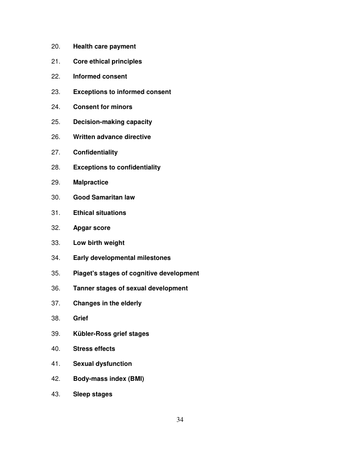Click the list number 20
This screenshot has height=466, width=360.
56,46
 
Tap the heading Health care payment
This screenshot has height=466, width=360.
104,46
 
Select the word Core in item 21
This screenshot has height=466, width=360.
80,61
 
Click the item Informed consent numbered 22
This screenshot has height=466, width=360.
100,76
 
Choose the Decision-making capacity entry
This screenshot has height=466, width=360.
112,122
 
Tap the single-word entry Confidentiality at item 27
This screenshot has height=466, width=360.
95,152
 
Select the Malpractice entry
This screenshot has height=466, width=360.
90,182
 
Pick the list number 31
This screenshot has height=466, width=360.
56,213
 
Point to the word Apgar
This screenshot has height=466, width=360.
82,228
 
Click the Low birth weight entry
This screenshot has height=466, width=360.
98,243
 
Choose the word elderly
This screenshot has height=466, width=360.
129,303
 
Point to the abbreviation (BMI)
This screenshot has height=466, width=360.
135,379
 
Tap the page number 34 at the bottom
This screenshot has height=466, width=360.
180,420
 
